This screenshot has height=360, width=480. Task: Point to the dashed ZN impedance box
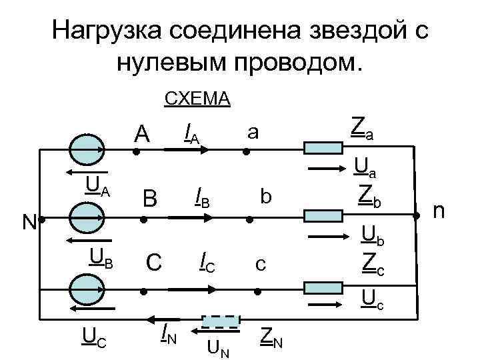click(220, 323)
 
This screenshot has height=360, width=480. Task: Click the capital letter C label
click(153, 262)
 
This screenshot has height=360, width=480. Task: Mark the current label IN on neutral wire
click(168, 331)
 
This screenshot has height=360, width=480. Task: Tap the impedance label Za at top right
click(362, 127)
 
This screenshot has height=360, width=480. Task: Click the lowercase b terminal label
click(266, 196)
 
